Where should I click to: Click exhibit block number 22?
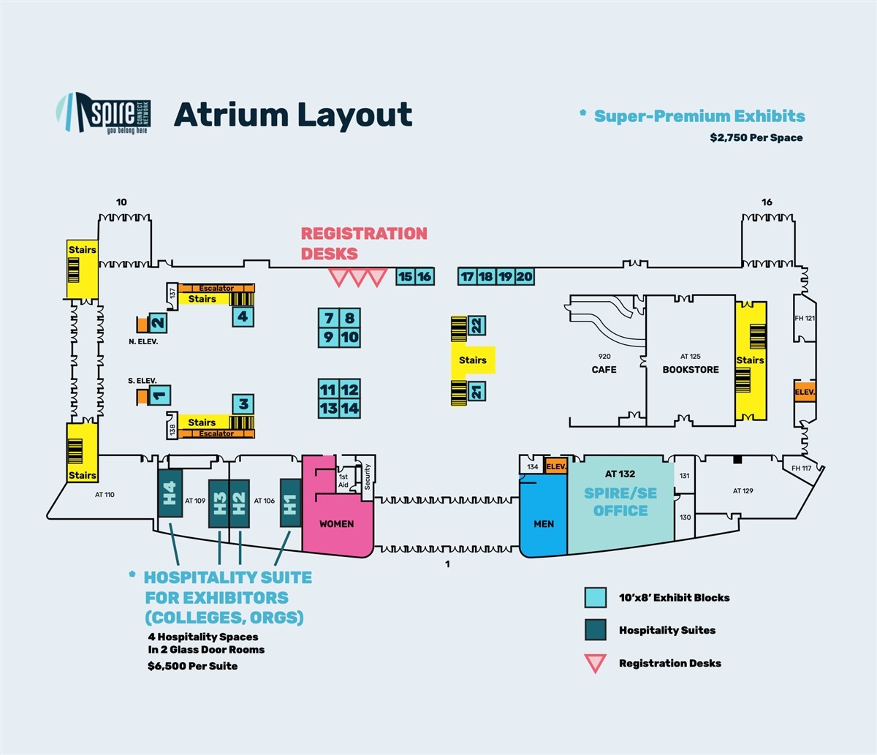(477, 325)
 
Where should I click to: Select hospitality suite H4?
(170, 493)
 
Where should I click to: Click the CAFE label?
(604, 370)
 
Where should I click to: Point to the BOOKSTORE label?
(691, 370)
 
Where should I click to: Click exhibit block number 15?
(405, 277)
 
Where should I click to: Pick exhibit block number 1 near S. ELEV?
(159, 395)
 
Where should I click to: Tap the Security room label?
(367, 477)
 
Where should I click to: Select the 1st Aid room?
(343, 480)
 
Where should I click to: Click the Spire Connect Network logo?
(103, 113)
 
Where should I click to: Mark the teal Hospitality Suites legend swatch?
(596, 629)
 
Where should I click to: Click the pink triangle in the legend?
(596, 661)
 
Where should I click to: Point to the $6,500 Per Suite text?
(193, 666)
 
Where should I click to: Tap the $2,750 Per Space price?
(756, 137)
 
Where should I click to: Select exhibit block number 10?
(350, 338)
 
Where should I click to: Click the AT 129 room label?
(743, 490)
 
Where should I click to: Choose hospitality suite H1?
(291, 503)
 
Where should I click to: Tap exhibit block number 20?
(525, 277)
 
